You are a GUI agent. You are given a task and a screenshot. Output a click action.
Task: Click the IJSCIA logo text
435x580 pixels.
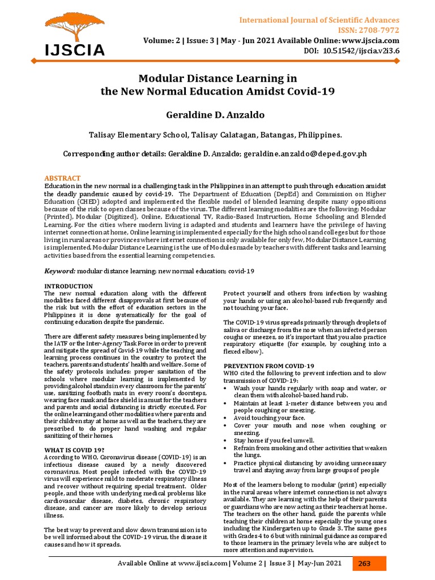tap(75, 50)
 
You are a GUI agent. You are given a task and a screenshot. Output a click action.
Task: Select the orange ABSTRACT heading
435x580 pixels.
tap(62, 178)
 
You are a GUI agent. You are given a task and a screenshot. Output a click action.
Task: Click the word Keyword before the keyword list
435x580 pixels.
tap(59, 272)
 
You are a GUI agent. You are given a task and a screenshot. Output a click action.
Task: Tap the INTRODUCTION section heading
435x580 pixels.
tap(68, 287)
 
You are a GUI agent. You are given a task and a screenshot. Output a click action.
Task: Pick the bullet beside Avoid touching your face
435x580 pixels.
tap(227, 417)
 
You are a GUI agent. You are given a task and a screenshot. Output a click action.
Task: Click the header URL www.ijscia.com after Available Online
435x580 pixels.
tap(369, 41)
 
